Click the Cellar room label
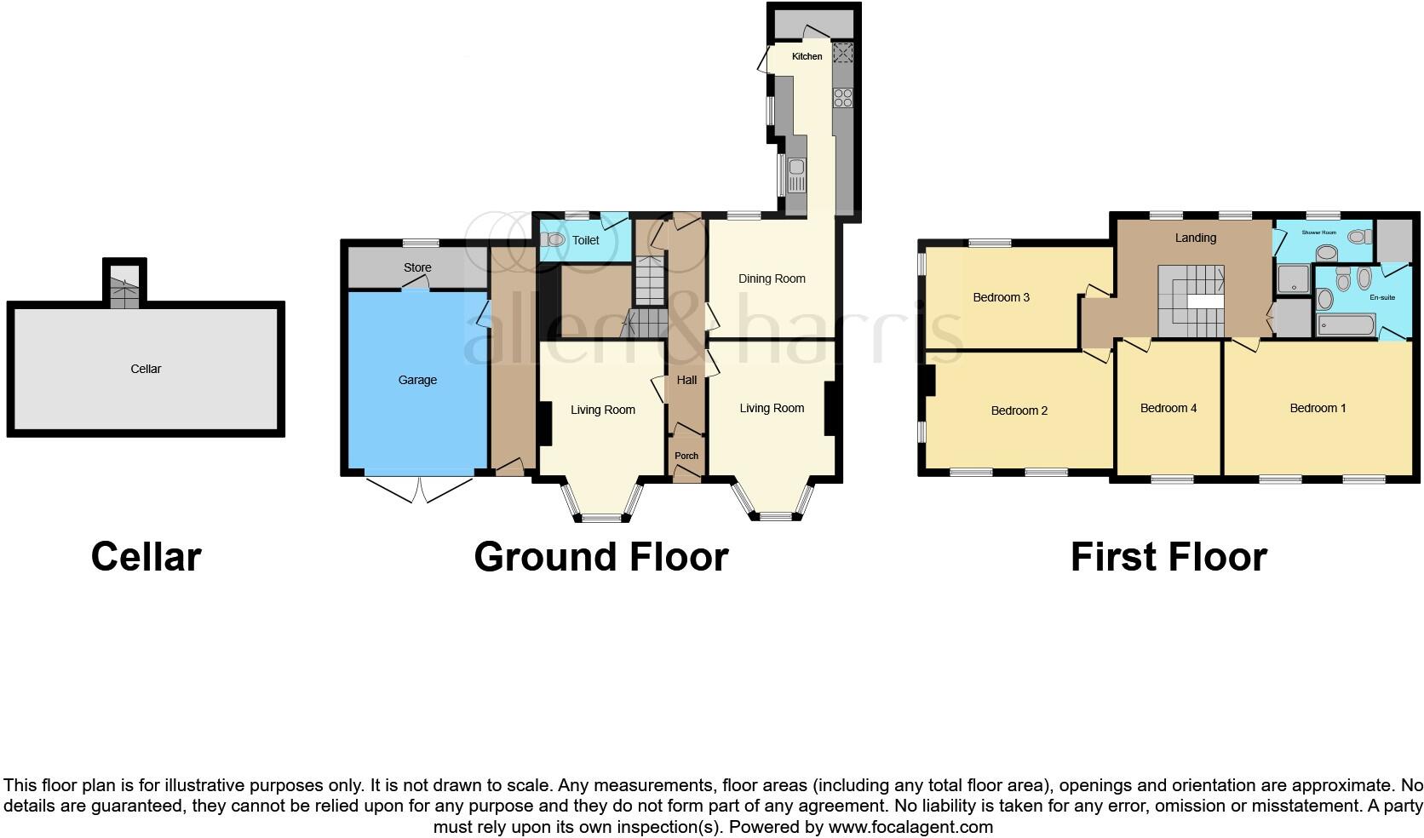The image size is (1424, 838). pyautogui.click(x=146, y=369)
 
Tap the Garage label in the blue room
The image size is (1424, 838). pyautogui.click(x=417, y=380)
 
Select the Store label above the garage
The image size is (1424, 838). pyautogui.click(x=417, y=267)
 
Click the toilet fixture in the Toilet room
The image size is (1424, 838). pyautogui.click(x=554, y=240)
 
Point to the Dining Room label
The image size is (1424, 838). pyautogui.click(x=772, y=278)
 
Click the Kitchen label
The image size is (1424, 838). pyautogui.click(x=807, y=56)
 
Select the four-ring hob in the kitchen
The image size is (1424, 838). pyautogui.click(x=842, y=97)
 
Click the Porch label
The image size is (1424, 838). pyautogui.click(x=686, y=456)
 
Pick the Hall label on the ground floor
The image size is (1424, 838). pyautogui.click(x=686, y=380)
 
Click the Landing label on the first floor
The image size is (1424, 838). pyautogui.click(x=1195, y=238)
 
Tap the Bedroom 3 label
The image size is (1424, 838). pyautogui.click(x=1002, y=297)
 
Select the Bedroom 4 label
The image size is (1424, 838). pyautogui.click(x=1168, y=408)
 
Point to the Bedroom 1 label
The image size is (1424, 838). pyautogui.click(x=1318, y=408)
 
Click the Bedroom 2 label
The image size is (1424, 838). pyautogui.click(x=1019, y=410)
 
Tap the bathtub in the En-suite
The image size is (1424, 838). pyautogui.click(x=1345, y=325)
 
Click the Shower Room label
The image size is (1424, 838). pyautogui.click(x=1318, y=232)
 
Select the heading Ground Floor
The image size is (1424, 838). pyautogui.click(x=601, y=557)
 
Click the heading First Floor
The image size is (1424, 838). pyautogui.click(x=1168, y=557)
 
